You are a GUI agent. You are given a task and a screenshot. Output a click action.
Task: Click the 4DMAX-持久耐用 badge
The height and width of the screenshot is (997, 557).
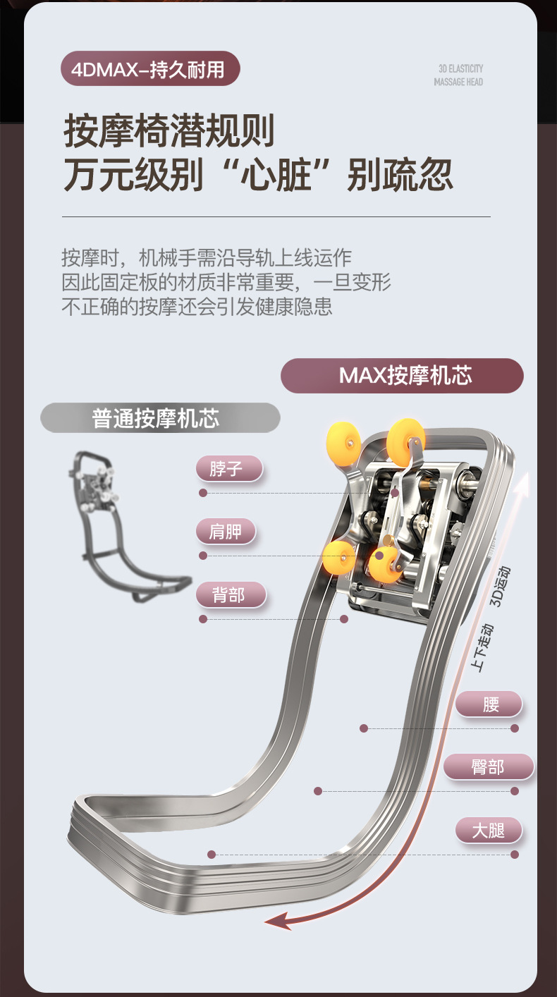[150, 69]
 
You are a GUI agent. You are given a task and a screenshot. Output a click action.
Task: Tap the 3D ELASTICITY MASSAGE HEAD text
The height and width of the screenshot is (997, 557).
[459, 75]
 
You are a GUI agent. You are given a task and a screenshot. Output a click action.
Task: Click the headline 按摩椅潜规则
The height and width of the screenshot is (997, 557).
[169, 132]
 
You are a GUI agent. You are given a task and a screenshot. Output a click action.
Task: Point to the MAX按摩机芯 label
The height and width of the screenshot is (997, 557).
[402, 375]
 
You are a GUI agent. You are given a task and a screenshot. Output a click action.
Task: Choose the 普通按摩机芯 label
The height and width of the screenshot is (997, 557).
[160, 418]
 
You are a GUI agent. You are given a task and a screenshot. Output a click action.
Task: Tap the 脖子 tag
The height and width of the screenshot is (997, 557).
[228, 468]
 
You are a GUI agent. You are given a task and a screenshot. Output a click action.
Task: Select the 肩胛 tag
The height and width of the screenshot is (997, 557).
[225, 532]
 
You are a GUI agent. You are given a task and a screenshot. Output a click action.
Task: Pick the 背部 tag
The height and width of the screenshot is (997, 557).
[230, 595]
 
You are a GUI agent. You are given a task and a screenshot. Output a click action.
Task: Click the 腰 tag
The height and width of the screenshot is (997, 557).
[489, 704]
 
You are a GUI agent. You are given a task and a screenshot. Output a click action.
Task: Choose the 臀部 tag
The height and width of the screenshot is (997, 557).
[488, 766]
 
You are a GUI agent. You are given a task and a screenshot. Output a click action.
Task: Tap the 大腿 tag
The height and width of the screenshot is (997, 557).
[489, 830]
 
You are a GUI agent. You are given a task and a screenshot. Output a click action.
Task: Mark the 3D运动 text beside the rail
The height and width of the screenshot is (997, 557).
[501, 586]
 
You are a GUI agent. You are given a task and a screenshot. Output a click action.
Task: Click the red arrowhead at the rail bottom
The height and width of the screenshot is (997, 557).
[276, 919]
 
